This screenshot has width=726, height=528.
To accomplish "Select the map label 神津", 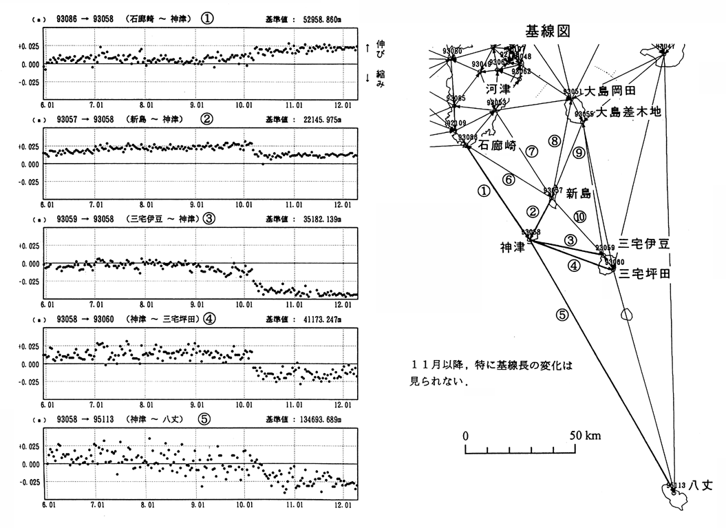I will tap(513, 246).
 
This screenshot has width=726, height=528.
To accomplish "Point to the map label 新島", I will tap(578, 195).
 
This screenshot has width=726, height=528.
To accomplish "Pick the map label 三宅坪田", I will tap(645, 273).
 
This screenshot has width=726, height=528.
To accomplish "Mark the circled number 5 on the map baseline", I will tap(562, 316).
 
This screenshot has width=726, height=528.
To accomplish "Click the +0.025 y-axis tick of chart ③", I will tap(30, 246).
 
